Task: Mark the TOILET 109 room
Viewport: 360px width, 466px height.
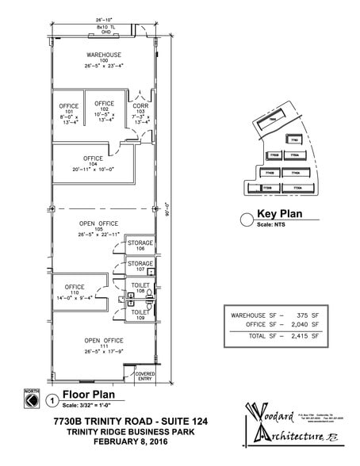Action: point(140,315)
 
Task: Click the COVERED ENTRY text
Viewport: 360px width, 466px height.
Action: point(145,377)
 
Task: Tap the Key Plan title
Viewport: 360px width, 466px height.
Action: point(276,214)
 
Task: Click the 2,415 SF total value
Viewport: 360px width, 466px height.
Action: point(308,336)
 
